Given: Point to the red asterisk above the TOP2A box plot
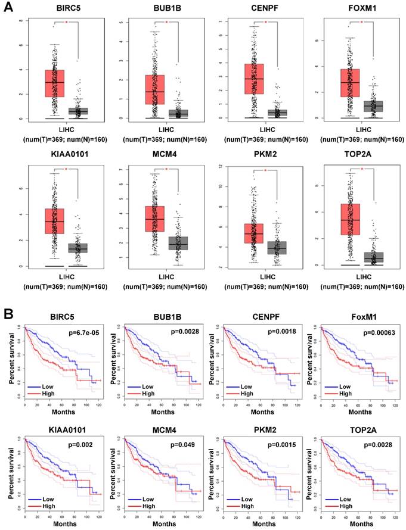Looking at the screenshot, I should pos(362,169).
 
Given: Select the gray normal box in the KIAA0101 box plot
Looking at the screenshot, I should pos(77,247).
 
